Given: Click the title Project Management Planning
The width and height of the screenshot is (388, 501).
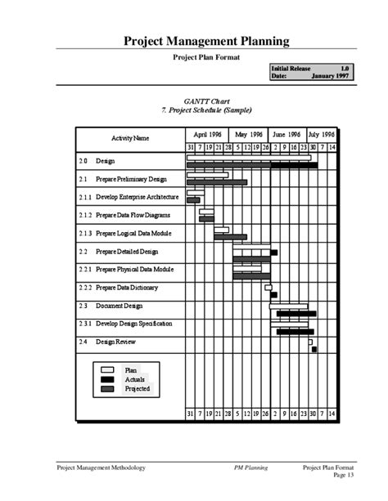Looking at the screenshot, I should click(x=205, y=40).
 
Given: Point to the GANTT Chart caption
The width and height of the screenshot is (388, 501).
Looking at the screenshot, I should click(x=205, y=99).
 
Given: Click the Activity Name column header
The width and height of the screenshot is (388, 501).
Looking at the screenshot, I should click(x=130, y=137).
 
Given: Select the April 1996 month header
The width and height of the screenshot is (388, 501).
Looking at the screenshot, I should click(x=207, y=133).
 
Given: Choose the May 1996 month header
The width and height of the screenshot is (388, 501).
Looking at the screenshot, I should click(x=248, y=133).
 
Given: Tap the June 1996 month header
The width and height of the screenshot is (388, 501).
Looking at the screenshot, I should click(x=287, y=133).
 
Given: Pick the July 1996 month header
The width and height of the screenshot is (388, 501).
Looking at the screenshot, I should click(x=323, y=133).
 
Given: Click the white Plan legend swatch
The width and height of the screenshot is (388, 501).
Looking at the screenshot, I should click(x=107, y=370).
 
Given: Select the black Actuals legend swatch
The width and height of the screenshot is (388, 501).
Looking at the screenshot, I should click(x=107, y=379).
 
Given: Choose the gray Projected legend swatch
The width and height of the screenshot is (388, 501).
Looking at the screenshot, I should click(x=107, y=388).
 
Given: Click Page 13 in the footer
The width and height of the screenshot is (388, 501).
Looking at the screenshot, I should click(x=344, y=475).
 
